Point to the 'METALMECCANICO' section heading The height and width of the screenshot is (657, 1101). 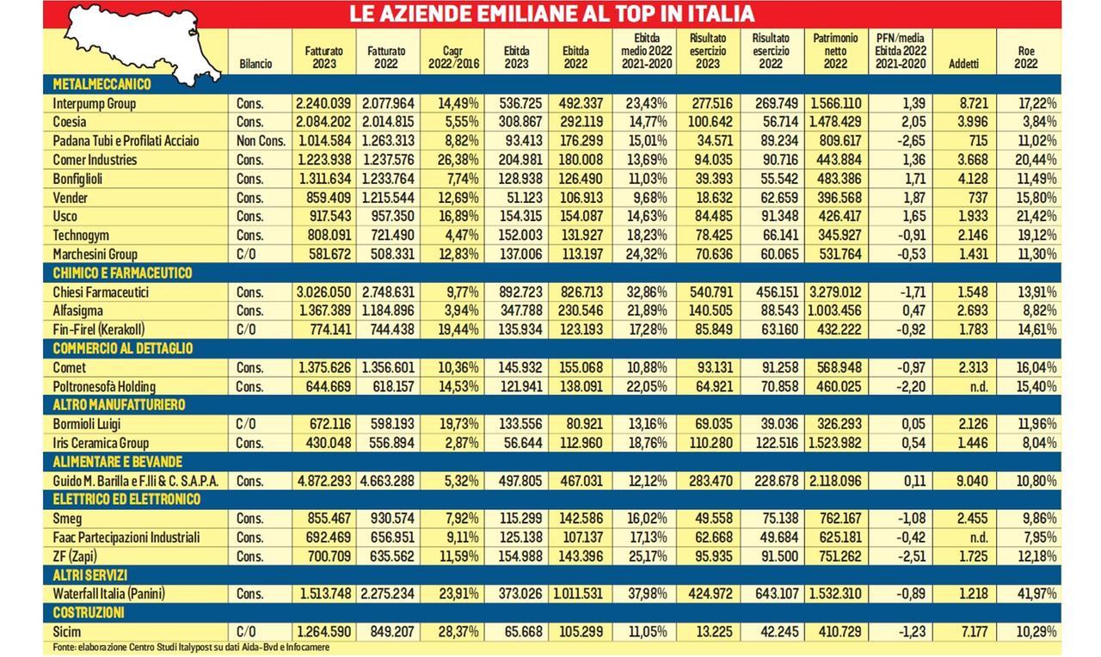coord(101,84)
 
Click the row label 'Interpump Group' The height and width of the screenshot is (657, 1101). coord(95,103)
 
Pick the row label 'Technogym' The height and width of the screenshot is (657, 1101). coord(80,235)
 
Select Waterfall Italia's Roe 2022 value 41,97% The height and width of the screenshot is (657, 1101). coord(1036,593)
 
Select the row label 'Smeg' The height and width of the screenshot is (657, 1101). coord(67,519)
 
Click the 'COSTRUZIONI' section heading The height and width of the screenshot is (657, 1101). coord(89,613)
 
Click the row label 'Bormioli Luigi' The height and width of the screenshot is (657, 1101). coord(89,424)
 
